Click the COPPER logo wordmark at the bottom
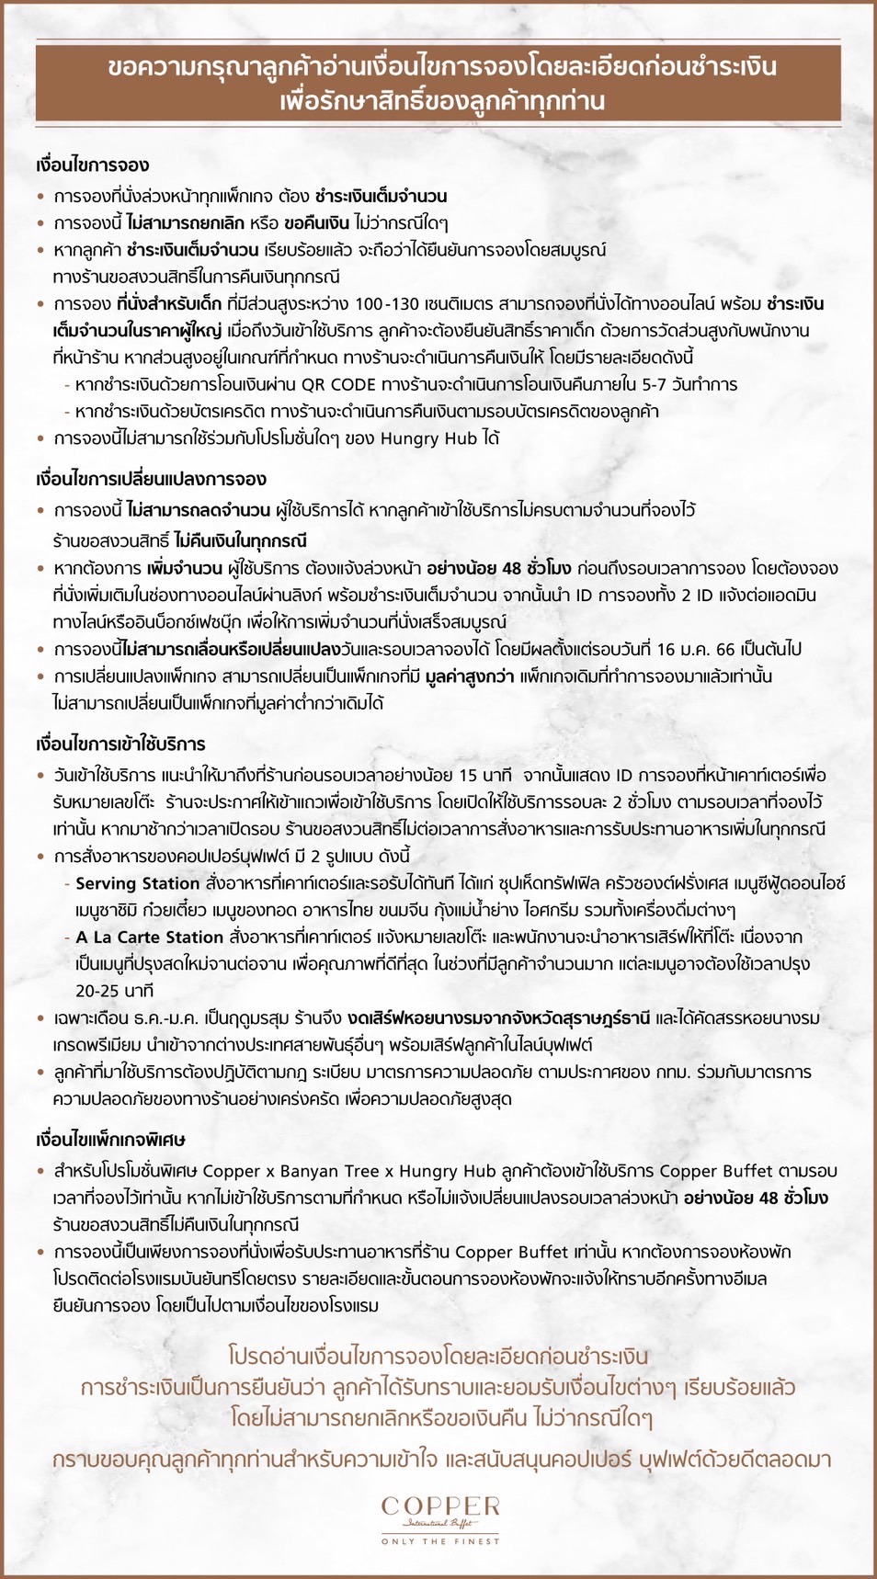pos(440,1506)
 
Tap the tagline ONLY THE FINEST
pos(440,1541)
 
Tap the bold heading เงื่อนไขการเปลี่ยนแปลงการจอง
pos(151,479)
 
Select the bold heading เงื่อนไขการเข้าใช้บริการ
pos(120,744)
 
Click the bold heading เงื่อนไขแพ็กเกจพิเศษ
pos(110,1140)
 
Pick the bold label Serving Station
pos(138,884)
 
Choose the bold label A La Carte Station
pos(150,937)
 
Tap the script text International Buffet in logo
pos(440,1523)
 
